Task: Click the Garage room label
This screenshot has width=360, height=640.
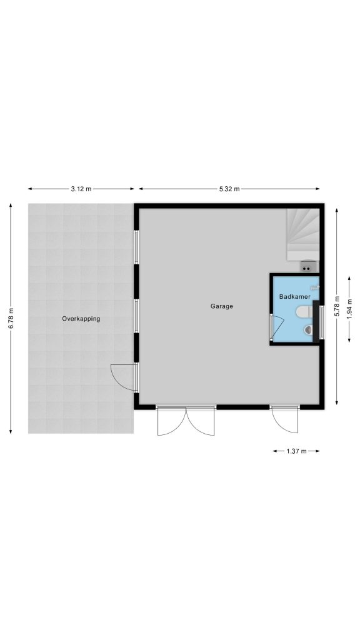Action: point(222,306)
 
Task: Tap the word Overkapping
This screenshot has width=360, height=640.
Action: point(81,319)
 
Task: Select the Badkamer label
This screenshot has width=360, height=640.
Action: point(295,297)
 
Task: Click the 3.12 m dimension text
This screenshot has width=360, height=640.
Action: point(81,189)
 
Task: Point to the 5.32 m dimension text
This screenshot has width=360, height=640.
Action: point(229,189)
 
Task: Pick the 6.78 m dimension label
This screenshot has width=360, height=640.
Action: point(11,318)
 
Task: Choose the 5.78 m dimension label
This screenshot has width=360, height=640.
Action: point(337,306)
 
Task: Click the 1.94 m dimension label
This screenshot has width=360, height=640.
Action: point(349,309)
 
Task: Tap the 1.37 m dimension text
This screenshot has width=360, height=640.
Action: point(296,451)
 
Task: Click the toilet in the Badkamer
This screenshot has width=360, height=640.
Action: point(304,312)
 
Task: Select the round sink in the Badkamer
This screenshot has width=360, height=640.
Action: point(309,329)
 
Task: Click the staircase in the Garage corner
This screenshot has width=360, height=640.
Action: point(302,235)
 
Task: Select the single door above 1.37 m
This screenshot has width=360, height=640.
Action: point(284,419)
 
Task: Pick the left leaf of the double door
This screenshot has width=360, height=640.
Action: point(171,422)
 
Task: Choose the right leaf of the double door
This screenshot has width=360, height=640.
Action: point(201,422)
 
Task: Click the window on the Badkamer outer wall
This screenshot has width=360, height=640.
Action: point(322,323)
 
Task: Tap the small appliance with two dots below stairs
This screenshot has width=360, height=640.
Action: point(309,266)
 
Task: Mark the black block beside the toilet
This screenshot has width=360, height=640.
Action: point(316,321)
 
